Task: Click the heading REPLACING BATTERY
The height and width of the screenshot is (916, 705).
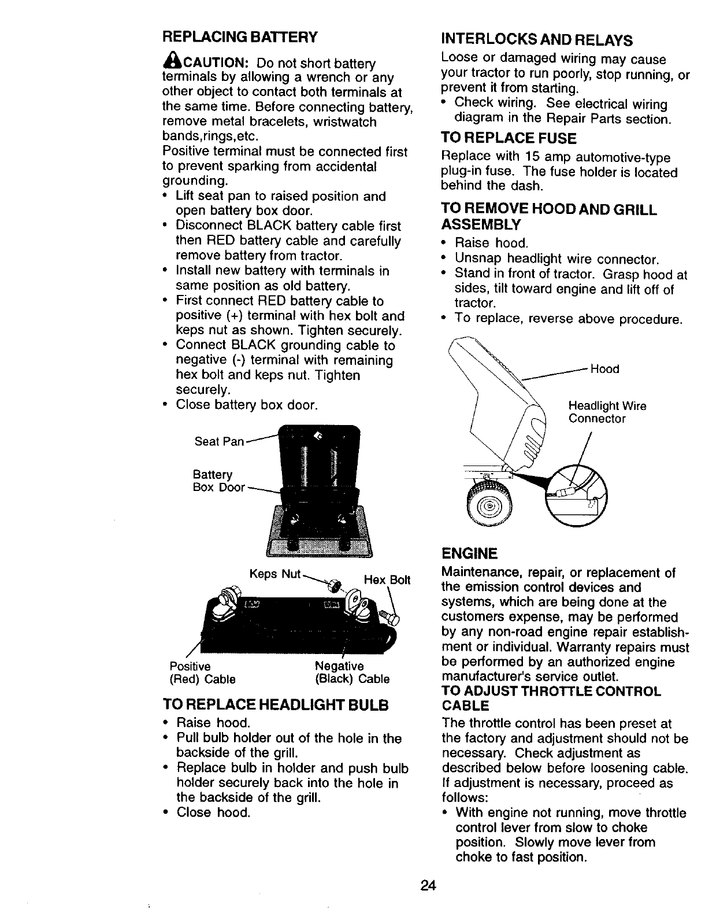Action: coord(240,37)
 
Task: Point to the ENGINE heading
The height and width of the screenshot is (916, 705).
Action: coord(469,554)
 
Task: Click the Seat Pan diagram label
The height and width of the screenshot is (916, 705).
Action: coord(219,442)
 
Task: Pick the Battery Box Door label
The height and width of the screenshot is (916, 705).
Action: coord(219,481)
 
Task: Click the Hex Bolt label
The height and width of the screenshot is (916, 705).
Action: coord(387,579)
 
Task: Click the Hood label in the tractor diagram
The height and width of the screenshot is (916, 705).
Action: coord(604,369)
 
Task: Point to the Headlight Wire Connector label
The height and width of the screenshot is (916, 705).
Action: coord(607,412)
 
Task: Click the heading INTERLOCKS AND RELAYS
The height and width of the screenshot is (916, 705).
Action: coord(536,40)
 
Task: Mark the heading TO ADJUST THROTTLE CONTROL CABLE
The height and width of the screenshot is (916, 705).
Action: coord(551,699)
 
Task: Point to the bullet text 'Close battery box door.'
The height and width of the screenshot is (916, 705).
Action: coord(247,405)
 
